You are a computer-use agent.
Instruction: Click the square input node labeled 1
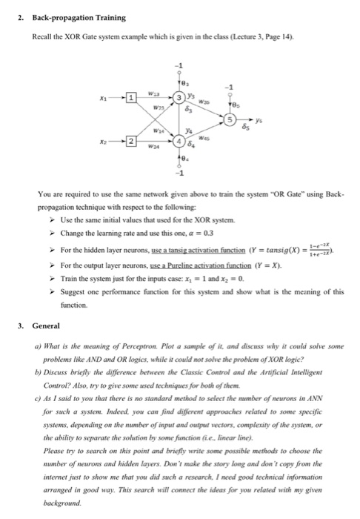pos(130,98)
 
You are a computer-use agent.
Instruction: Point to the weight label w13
pos(153,93)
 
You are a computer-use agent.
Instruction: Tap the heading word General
pos(47,325)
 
